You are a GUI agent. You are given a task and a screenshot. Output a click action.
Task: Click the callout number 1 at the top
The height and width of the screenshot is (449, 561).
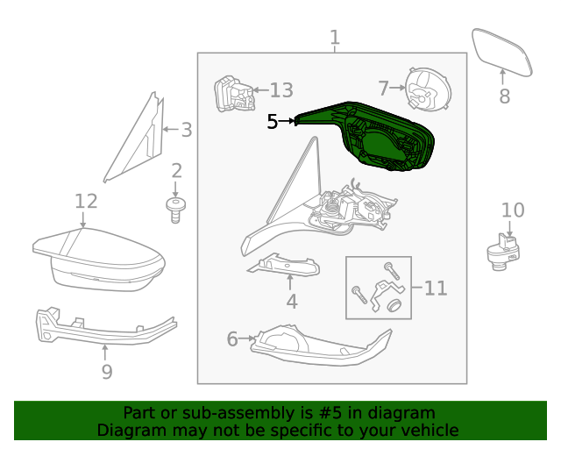pos(334,38)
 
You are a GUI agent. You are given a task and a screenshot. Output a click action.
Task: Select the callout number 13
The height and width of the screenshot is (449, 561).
pos(281,90)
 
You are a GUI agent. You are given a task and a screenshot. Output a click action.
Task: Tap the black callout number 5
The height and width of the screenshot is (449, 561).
pos(273,122)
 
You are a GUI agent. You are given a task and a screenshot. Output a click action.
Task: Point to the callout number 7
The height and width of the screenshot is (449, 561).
pos(383,88)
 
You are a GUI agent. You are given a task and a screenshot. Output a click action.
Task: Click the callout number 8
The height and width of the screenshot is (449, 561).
pos(504,96)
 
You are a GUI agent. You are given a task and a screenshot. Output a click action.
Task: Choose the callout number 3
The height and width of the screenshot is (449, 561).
pos(185,130)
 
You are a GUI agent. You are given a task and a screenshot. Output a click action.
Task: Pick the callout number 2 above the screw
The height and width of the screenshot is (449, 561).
pos(176,171)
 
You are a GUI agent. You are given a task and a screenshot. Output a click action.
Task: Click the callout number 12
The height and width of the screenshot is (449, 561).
pos(85,202)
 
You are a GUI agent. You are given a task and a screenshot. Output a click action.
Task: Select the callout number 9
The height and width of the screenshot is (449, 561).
pos(106,372)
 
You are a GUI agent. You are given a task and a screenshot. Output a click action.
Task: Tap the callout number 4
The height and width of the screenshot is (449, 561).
pos(291,302)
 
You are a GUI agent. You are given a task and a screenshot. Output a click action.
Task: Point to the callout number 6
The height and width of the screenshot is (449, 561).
pos(232,339)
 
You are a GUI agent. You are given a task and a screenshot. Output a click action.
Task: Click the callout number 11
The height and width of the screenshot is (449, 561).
pos(436,288)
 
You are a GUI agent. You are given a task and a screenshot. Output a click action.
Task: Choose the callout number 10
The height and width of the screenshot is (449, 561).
pos(513,210)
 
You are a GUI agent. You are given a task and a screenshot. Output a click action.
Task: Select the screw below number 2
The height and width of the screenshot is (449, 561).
pos(176,210)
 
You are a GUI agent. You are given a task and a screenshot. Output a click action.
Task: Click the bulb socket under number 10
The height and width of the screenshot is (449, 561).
pos(503,250)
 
